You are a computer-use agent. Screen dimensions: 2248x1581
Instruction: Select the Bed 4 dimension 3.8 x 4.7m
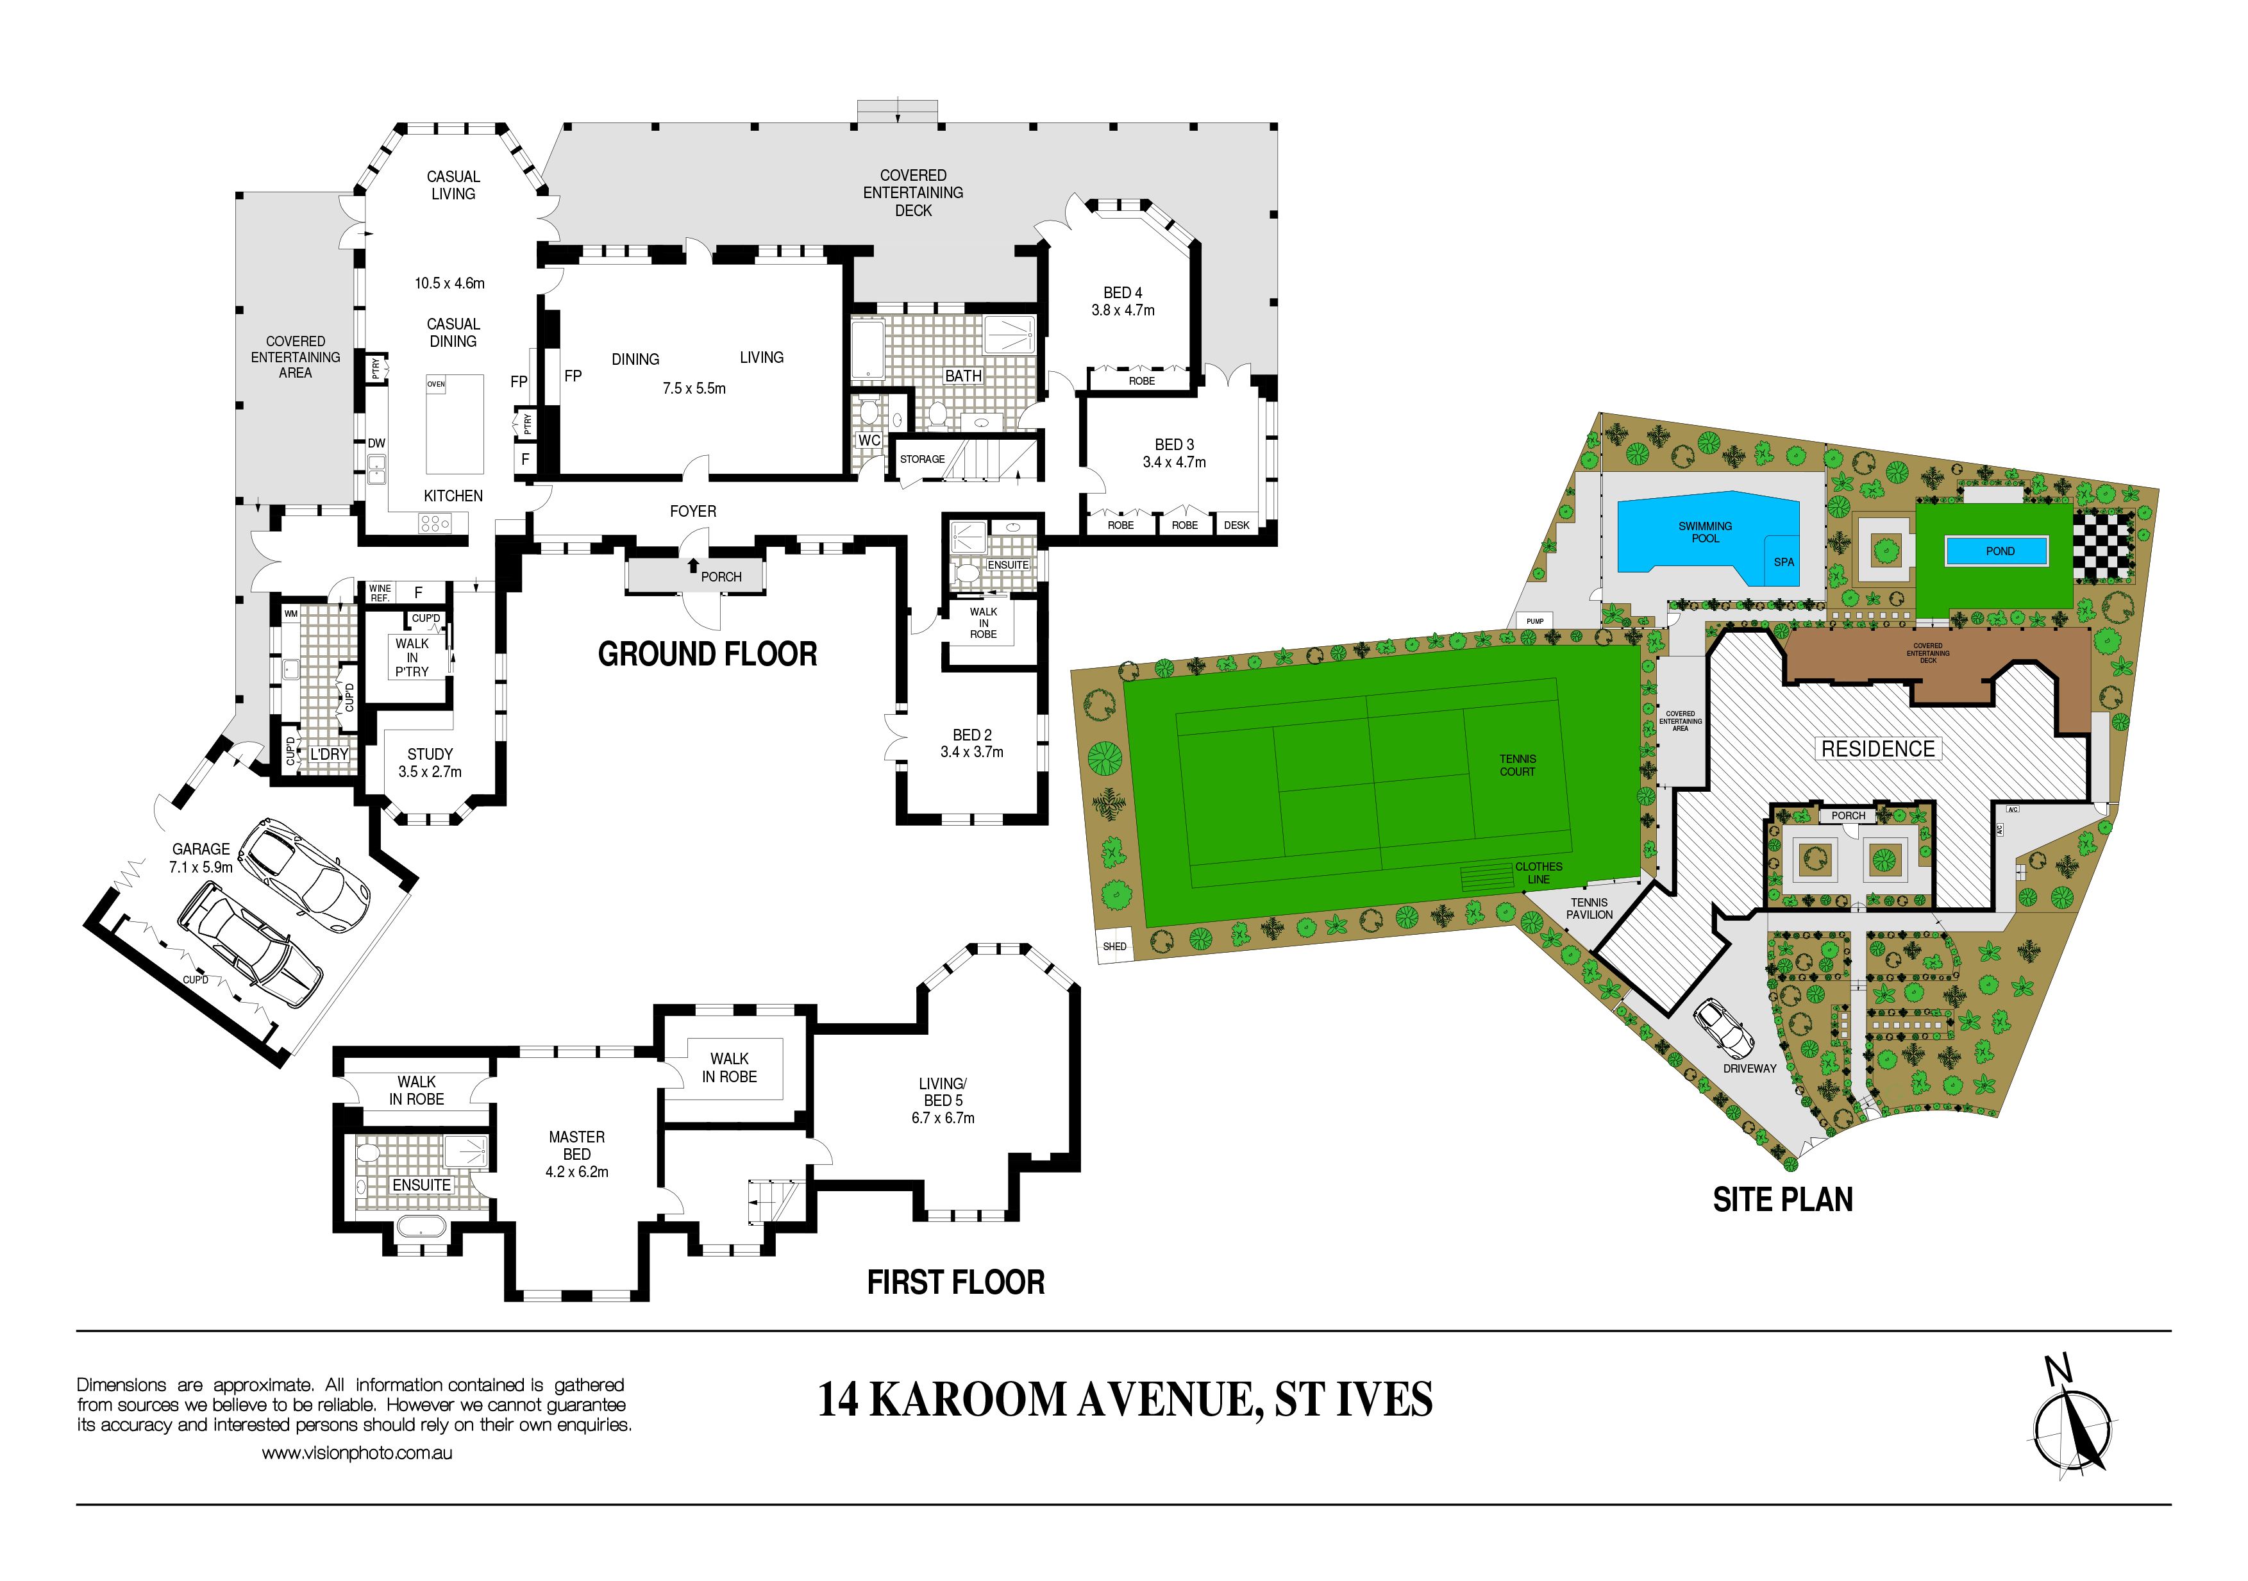pos(1123,310)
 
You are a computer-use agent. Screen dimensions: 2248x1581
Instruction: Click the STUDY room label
pos(430,754)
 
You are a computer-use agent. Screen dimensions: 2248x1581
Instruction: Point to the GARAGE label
pos(201,849)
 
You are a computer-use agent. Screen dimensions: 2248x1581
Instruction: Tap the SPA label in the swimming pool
pos(1784,562)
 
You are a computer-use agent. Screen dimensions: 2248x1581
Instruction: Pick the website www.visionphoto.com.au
pos(356,1453)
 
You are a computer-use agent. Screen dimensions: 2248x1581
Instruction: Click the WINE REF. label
pos(380,592)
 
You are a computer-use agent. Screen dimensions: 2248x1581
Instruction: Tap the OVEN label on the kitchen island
pos(436,384)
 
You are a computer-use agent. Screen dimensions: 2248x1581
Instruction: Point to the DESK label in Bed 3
pos(1237,526)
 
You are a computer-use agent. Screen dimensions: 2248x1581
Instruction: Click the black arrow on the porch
pos(693,565)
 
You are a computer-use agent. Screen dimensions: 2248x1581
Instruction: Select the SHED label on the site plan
pos(1114,947)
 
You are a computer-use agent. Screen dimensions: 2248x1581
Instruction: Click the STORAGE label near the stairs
pos(922,459)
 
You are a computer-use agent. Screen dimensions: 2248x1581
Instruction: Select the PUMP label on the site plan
pos(1534,621)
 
